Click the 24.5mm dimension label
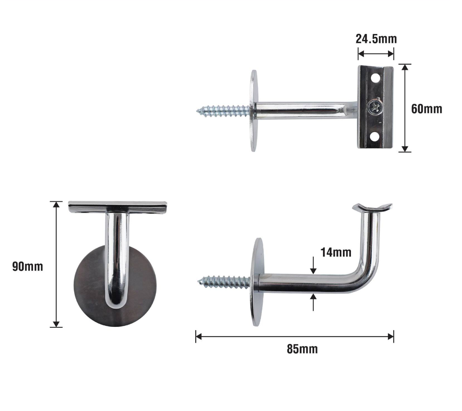pos(376,39)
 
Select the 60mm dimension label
pos(427,109)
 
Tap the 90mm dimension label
pos(28,266)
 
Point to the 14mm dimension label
pos(336,252)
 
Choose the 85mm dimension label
pos(302,349)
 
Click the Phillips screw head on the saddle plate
pos(376,107)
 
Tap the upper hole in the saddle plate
pos(375,78)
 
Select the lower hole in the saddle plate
pos(375,137)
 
